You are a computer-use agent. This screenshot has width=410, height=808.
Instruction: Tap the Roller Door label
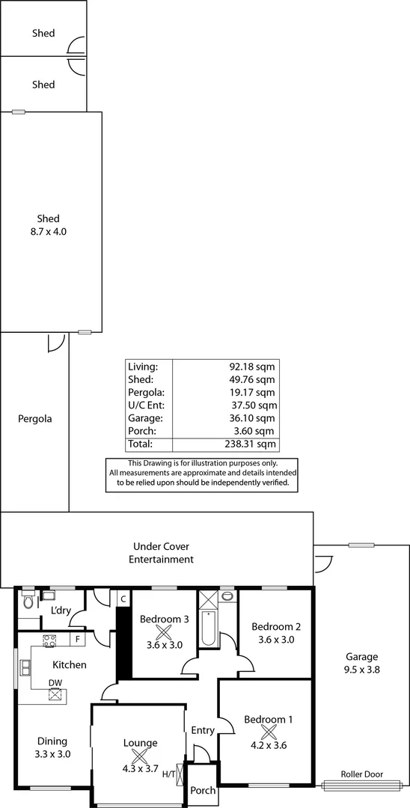click(362, 774)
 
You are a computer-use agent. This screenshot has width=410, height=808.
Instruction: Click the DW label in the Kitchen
click(55, 682)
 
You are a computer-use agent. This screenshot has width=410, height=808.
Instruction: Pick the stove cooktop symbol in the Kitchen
click(50, 640)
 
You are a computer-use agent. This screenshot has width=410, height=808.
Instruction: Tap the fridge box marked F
click(77, 640)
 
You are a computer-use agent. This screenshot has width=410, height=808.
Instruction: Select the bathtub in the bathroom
click(208, 629)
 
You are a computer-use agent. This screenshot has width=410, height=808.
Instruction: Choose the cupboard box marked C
click(123, 599)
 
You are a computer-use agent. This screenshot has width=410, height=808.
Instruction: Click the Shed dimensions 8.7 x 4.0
click(43, 232)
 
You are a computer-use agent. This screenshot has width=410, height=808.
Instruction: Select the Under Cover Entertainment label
click(162, 553)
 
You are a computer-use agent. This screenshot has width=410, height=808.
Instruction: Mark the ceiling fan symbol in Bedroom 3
click(165, 632)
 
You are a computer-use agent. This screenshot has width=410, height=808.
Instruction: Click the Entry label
click(203, 730)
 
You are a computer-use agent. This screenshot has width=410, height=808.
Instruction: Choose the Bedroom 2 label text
click(275, 627)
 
